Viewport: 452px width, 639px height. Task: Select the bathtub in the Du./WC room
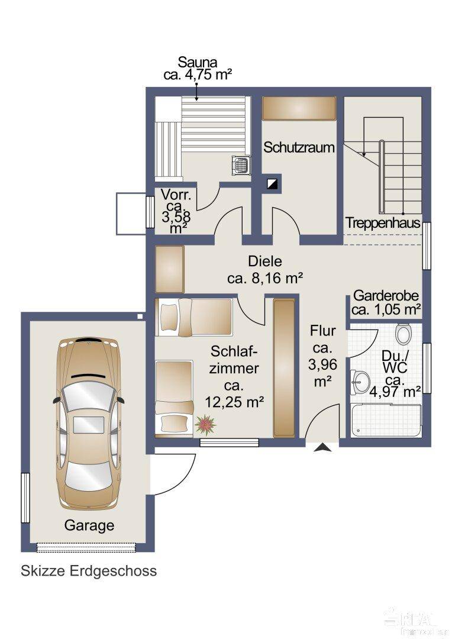385,420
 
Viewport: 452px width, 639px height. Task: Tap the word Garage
89,525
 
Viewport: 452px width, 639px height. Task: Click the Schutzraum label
299,147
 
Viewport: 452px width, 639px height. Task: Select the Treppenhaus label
383,223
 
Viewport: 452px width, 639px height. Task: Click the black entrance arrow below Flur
322,449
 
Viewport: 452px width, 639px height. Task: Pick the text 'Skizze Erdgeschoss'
89,571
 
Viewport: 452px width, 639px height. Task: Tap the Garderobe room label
386,296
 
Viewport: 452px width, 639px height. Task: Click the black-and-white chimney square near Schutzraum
273,184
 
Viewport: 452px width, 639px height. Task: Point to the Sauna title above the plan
198,62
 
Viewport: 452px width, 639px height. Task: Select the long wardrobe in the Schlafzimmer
284,368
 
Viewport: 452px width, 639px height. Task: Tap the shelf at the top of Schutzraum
299,108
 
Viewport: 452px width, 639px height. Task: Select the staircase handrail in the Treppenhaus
382,177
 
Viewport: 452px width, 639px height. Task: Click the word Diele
265,261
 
